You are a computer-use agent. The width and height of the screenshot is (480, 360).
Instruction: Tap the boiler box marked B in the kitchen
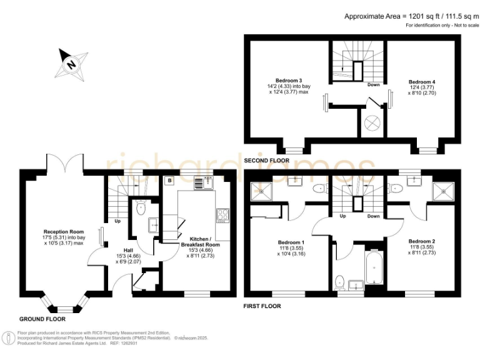(x=169, y=181)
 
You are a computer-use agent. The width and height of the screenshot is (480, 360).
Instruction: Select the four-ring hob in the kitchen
(x=222, y=215)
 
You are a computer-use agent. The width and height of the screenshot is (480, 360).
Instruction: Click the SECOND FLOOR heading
(x=266, y=161)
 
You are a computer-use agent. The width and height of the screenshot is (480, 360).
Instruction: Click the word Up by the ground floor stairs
(x=117, y=221)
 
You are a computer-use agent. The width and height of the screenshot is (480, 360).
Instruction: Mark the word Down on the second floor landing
(x=373, y=84)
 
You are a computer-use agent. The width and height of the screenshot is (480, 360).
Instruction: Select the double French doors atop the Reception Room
(x=64, y=164)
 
